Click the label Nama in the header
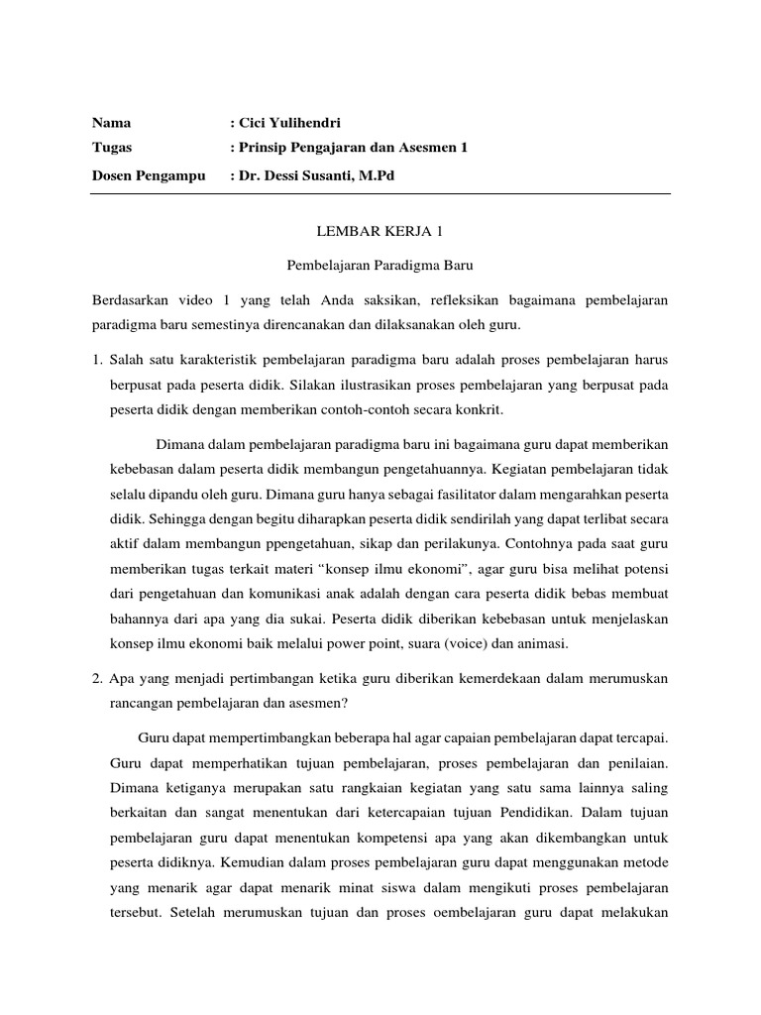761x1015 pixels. pos(111,124)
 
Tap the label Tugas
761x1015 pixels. pos(112,149)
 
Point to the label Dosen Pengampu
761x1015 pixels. pos(148,175)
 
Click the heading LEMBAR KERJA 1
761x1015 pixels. pos(380,231)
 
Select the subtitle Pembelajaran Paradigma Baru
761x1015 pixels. pos(380,266)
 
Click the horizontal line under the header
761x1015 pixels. pos(380,194)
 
